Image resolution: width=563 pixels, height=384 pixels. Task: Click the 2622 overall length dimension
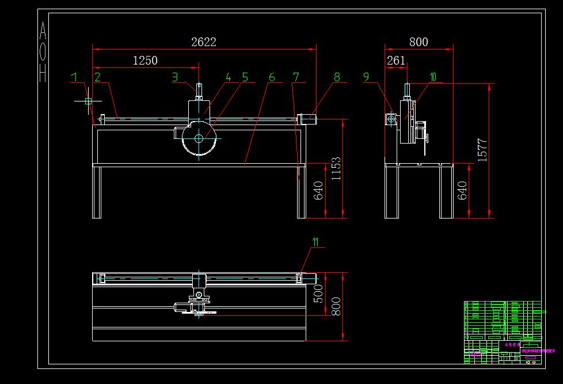[204, 42]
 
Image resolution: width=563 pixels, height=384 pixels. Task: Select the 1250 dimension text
[145, 61]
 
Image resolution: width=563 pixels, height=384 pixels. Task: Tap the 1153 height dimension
[336, 168]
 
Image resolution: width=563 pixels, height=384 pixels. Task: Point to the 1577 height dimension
[482, 149]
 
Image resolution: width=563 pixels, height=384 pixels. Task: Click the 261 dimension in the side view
[396, 61]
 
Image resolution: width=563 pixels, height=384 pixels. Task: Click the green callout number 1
[73, 77]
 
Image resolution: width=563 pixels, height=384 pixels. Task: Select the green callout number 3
[175, 77]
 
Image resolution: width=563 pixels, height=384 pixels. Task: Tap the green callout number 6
[272, 77]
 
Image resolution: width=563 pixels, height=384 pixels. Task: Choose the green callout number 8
[337, 77]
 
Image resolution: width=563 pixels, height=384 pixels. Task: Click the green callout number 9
[366, 77]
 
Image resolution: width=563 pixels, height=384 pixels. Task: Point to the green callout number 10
[432, 77]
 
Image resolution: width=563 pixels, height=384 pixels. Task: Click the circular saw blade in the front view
[199, 138]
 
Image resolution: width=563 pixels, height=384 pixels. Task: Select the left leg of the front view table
[97, 192]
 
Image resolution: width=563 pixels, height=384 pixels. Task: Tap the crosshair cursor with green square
[88, 101]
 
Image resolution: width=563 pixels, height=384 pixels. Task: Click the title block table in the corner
[503, 332]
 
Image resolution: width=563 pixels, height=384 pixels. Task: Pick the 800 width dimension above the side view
[419, 42]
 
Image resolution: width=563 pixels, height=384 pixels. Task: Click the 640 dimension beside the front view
[318, 191]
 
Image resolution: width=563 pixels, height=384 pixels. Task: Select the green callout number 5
[245, 77]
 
